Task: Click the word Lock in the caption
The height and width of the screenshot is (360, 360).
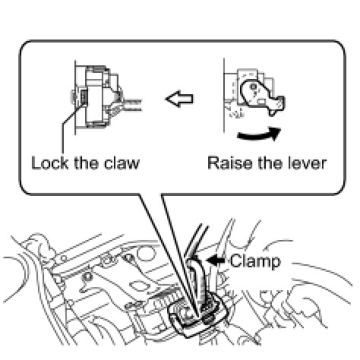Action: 50,163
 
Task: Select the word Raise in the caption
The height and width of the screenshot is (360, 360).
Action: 230,163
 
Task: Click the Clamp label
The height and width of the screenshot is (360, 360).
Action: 255,261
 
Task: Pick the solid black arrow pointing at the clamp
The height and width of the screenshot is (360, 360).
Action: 216,260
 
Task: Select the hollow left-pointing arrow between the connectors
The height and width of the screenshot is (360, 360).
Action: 179,99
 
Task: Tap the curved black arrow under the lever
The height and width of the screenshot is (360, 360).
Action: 259,134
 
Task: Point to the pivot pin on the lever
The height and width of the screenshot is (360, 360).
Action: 253,87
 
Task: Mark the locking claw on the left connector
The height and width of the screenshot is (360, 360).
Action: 84,98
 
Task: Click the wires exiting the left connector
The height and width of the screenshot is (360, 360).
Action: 131,106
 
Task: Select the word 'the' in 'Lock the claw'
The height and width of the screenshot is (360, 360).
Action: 86,163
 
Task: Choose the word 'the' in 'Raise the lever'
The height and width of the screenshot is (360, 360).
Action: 270,163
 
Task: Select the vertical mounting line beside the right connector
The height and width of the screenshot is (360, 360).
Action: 224,95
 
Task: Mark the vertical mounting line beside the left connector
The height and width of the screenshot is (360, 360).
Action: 75,98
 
